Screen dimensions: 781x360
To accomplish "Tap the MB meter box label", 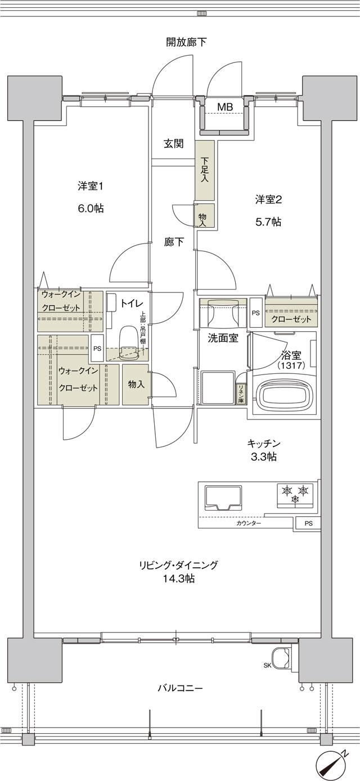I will [225, 107].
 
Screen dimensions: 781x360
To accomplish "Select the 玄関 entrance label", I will [174, 143].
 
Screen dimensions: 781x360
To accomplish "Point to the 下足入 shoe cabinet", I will [205, 170].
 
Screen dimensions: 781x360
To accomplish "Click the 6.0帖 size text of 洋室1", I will [91, 208].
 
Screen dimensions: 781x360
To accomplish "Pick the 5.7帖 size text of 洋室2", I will [268, 222].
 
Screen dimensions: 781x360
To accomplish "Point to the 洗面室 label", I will [223, 338].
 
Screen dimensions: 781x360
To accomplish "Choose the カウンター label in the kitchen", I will [249, 523].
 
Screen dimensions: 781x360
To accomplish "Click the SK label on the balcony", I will [267, 666].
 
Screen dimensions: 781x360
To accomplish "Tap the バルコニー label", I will [179, 688].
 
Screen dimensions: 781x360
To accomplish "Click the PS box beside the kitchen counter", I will [308, 523].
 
